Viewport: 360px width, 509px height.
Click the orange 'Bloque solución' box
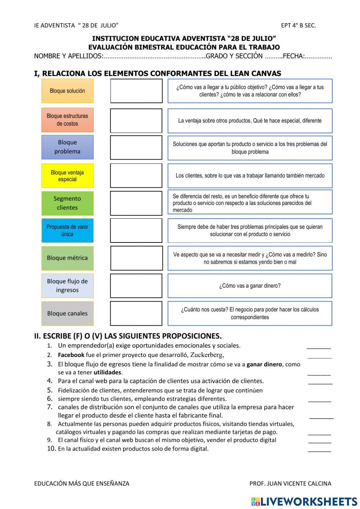click(67, 91)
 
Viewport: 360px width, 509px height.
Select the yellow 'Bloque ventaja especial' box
click(67, 176)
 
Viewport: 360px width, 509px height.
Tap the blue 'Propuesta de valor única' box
click(67, 231)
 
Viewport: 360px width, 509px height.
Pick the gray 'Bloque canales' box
click(67, 313)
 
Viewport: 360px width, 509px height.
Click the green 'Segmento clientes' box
click(67, 203)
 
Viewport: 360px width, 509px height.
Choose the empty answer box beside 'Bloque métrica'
click(136, 258)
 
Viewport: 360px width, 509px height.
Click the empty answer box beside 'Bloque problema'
click(136, 147)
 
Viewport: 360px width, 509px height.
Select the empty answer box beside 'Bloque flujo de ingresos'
click(136, 286)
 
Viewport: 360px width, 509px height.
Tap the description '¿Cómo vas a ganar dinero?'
click(250, 286)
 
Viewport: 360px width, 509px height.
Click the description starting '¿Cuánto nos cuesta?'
click(250, 313)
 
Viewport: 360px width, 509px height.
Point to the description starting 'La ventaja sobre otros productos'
click(250, 121)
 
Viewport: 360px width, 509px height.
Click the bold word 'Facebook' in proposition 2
click(71, 355)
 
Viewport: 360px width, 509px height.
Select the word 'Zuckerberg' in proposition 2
click(207, 355)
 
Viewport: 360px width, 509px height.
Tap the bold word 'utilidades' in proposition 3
click(107, 372)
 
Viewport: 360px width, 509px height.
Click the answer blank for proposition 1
click(319, 347)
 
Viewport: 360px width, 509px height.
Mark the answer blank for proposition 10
click(319, 450)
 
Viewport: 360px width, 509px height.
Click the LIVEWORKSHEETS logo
click(304, 501)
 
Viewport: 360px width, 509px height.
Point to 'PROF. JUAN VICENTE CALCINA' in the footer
click(290, 483)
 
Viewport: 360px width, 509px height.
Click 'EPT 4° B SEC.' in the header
click(298, 25)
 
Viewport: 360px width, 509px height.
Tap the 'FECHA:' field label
click(294, 56)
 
